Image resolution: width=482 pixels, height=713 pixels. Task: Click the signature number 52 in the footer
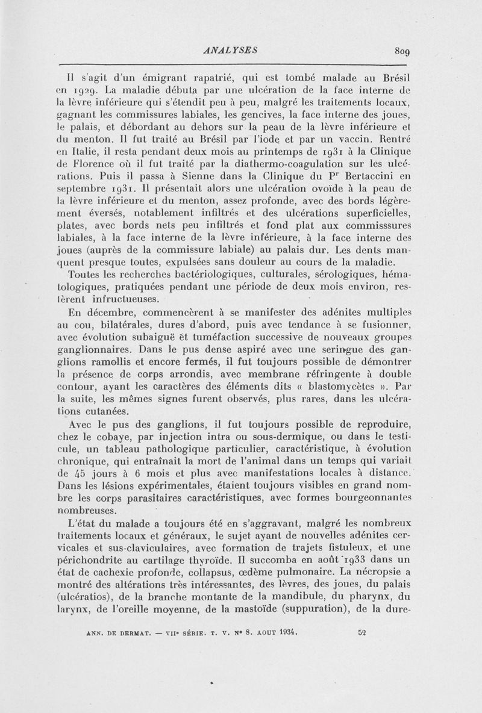[x=363, y=633]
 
